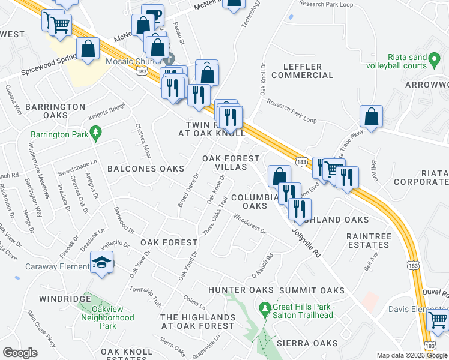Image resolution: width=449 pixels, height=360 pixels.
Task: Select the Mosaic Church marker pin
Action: pos(169,59)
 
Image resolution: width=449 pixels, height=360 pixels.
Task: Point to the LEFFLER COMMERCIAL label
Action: pos(302,70)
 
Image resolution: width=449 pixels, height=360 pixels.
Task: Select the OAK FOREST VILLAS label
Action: pos(231,163)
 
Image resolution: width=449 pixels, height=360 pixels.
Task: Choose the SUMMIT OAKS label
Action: pos(312,290)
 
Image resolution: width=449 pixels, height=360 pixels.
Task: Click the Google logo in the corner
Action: pos(20,353)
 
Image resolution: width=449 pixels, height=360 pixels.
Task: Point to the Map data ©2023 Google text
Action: pos(411,355)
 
